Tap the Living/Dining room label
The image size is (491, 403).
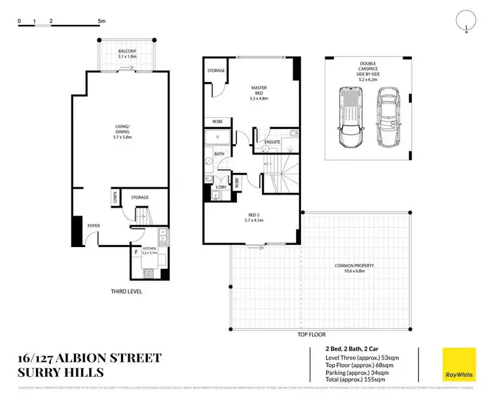point(119,134)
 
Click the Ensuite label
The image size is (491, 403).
point(272,142)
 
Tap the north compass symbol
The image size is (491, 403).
point(465,22)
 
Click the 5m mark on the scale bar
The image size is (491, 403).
point(101,22)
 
